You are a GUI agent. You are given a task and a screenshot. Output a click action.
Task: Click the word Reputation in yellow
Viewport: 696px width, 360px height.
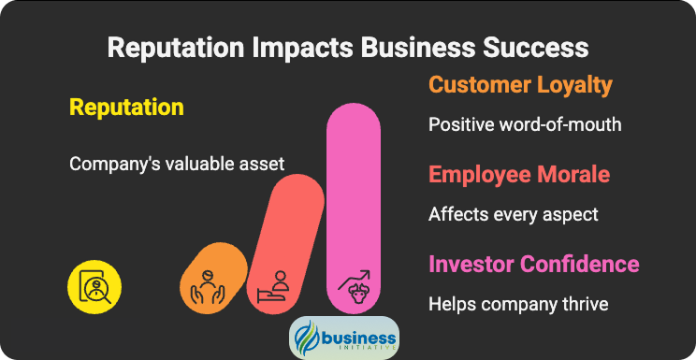coord(126,108)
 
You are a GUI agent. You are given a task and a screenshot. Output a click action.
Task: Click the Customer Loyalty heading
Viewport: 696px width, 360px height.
coord(520,85)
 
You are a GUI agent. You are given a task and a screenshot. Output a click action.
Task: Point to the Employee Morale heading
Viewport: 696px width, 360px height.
coord(519,175)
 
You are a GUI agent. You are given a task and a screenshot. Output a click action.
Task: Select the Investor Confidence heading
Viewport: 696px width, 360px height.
coord(533,264)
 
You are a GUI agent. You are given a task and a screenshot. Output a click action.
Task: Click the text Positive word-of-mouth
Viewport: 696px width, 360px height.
coord(525,124)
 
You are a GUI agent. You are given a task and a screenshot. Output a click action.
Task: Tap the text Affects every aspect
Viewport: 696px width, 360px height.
coord(513,214)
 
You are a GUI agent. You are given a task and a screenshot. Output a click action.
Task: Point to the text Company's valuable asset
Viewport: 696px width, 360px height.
coord(177,164)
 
